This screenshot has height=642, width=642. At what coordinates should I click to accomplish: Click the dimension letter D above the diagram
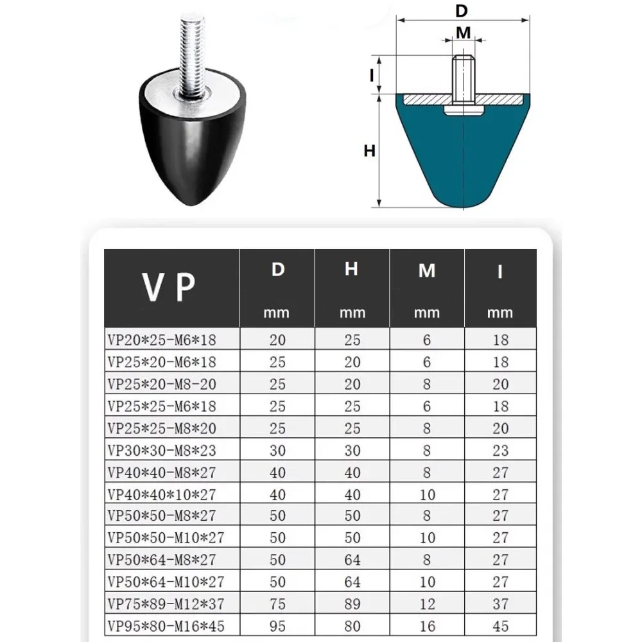point(462,11)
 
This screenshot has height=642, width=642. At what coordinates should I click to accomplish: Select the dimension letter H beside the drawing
point(369,152)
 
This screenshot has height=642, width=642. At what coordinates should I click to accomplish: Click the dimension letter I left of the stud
point(372,75)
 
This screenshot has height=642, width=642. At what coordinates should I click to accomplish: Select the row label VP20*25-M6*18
point(163,340)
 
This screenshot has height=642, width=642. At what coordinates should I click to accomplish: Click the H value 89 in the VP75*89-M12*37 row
point(352,603)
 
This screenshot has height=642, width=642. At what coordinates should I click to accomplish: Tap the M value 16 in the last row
point(427,625)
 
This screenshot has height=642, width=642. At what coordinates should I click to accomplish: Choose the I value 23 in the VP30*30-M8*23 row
point(501,450)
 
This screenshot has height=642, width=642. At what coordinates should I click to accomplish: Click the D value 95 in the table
point(277,625)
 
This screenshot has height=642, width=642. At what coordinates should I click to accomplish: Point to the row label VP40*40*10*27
point(163,494)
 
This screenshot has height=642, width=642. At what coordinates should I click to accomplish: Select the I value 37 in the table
point(501,603)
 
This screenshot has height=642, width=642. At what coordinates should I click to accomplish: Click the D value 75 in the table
point(277,603)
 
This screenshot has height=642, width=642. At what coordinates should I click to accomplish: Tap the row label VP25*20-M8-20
point(163,384)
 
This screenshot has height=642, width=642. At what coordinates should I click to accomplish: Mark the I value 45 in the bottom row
point(501,625)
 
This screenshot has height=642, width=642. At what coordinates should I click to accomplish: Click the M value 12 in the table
point(427,603)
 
